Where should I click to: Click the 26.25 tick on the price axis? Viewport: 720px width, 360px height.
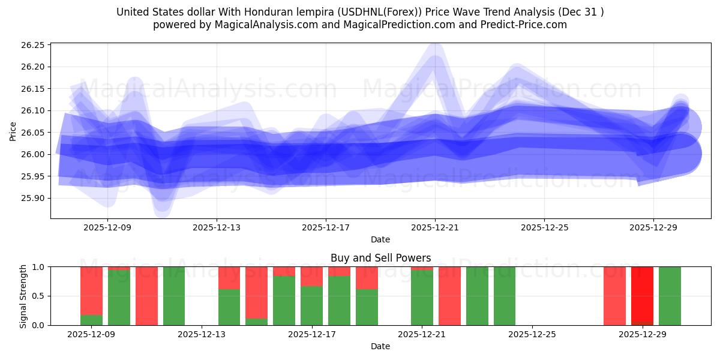click(34, 45)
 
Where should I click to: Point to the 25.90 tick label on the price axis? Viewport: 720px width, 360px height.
click(34, 198)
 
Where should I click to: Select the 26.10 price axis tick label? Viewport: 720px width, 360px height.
click(34, 110)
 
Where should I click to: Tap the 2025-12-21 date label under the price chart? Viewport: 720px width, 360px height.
click(435, 227)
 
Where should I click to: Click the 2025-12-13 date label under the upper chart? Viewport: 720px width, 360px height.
click(217, 227)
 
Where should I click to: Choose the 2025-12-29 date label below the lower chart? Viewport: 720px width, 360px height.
click(643, 334)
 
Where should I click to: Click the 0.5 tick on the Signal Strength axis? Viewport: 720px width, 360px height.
click(38, 296)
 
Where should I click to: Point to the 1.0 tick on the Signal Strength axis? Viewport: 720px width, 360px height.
click(38, 266)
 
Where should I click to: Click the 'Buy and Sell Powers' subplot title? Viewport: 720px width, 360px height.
click(380, 258)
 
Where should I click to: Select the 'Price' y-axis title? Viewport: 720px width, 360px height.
click(13, 131)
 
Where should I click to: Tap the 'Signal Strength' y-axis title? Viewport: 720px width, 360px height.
click(23, 296)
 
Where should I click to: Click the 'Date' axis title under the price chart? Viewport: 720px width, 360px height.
click(380, 239)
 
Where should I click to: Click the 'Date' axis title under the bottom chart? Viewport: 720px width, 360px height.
click(380, 346)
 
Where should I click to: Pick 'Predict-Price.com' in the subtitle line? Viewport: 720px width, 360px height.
click(526, 25)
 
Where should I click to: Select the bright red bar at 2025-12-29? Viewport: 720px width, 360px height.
click(642, 295)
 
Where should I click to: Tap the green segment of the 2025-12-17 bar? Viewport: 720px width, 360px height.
click(311, 305)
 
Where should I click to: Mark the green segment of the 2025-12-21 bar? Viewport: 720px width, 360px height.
click(422, 298)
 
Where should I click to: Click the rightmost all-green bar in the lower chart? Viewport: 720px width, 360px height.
click(670, 296)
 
